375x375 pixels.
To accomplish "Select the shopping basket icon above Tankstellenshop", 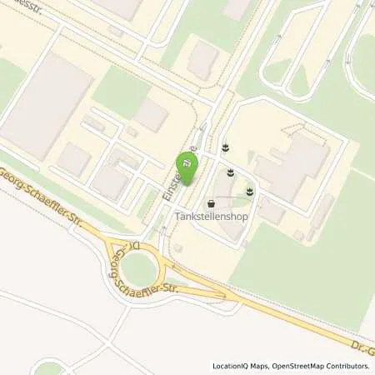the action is click(x=211, y=203).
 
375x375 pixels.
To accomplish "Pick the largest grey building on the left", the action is click(x=46, y=104).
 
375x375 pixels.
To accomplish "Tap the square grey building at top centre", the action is click(x=202, y=61).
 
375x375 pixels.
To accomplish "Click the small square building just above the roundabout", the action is click(x=177, y=247).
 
